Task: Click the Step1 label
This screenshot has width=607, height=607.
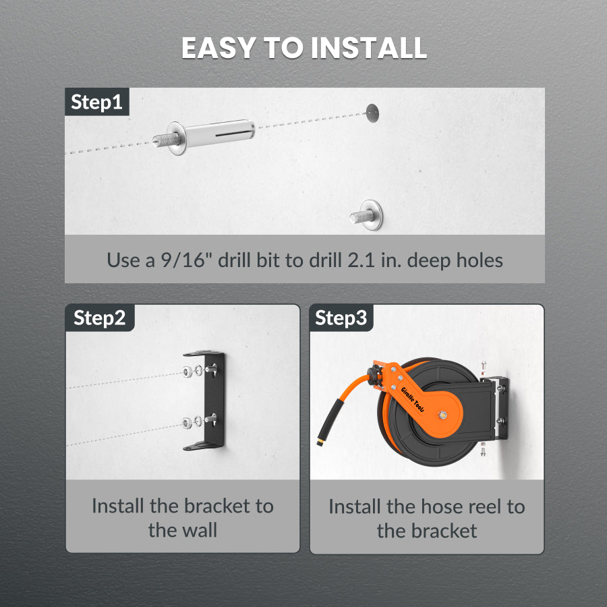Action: [96, 102]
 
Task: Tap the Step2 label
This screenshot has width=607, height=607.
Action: [100, 318]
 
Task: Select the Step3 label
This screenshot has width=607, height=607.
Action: [341, 318]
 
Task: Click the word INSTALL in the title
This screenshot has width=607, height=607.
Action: [368, 48]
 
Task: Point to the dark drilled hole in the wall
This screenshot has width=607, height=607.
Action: [372, 113]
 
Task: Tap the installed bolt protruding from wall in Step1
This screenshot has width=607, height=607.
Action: [366, 215]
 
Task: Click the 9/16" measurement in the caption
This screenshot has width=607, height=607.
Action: [182, 260]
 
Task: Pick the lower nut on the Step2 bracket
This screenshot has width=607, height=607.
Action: [187, 423]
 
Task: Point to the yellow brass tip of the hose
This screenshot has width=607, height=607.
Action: [320, 442]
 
